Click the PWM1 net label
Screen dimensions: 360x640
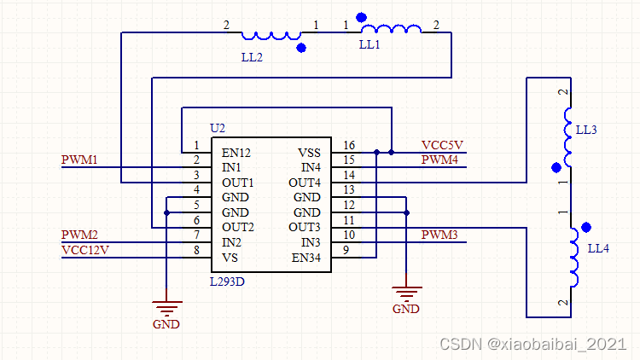[79, 160]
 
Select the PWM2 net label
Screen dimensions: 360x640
[79, 235]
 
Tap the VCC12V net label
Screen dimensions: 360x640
[85, 249]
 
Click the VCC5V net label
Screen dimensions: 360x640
[442, 145]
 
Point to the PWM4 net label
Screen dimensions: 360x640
[439, 160]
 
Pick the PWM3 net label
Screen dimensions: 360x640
[439, 235]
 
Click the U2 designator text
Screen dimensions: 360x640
[218, 128]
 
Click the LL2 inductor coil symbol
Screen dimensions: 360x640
[271, 36]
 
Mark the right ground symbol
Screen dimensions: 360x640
[406, 293]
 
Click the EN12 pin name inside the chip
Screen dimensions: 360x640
[236, 153]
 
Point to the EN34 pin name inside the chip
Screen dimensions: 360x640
[306, 258]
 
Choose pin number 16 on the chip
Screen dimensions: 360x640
[348, 145]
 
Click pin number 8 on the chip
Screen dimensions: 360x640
[196, 250]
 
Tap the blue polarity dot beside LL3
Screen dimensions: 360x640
[556, 167]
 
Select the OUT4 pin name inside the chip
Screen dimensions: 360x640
[305, 183]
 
